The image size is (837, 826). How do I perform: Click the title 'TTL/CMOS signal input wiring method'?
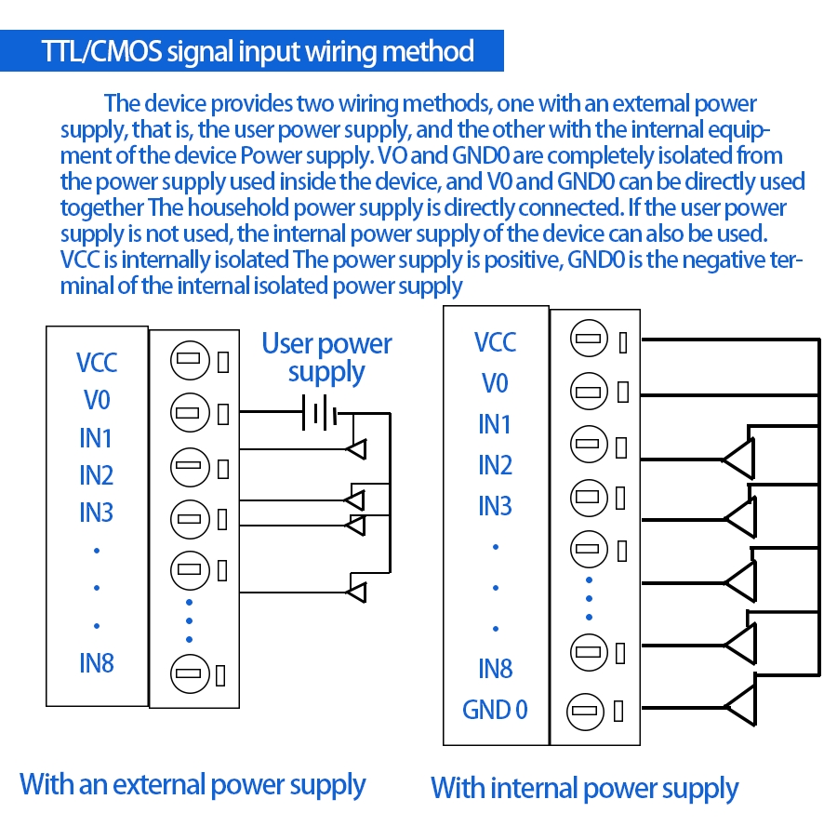[x=259, y=50]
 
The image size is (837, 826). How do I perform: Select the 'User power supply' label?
[x=326, y=358]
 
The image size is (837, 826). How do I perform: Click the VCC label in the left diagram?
[x=97, y=362]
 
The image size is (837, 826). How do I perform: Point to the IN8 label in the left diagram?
[x=97, y=663]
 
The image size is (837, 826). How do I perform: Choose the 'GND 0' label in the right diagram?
[x=495, y=710]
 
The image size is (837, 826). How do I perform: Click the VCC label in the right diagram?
[x=495, y=342]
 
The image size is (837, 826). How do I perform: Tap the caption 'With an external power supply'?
[x=193, y=784]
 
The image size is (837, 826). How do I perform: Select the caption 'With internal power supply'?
[x=584, y=789]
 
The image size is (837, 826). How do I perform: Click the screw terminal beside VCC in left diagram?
[x=189, y=360]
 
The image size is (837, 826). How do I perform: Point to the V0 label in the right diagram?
[x=495, y=383]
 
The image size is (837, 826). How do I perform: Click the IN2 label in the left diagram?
[x=97, y=475]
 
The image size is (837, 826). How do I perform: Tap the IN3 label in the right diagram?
[x=495, y=506]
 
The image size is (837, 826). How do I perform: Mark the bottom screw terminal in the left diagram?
[x=189, y=672]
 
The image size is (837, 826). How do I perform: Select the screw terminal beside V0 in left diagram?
[x=189, y=410]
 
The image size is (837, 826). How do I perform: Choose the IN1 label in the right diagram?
[x=495, y=424]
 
